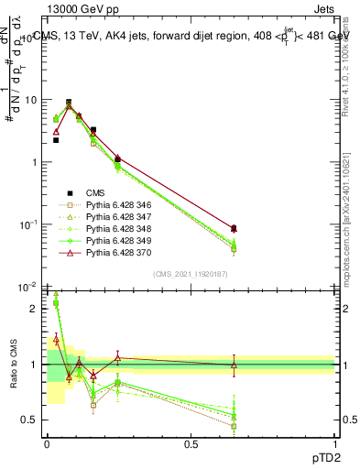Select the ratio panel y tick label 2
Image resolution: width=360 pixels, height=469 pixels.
click(37, 309)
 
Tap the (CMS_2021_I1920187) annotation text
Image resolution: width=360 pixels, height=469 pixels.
click(191, 274)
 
